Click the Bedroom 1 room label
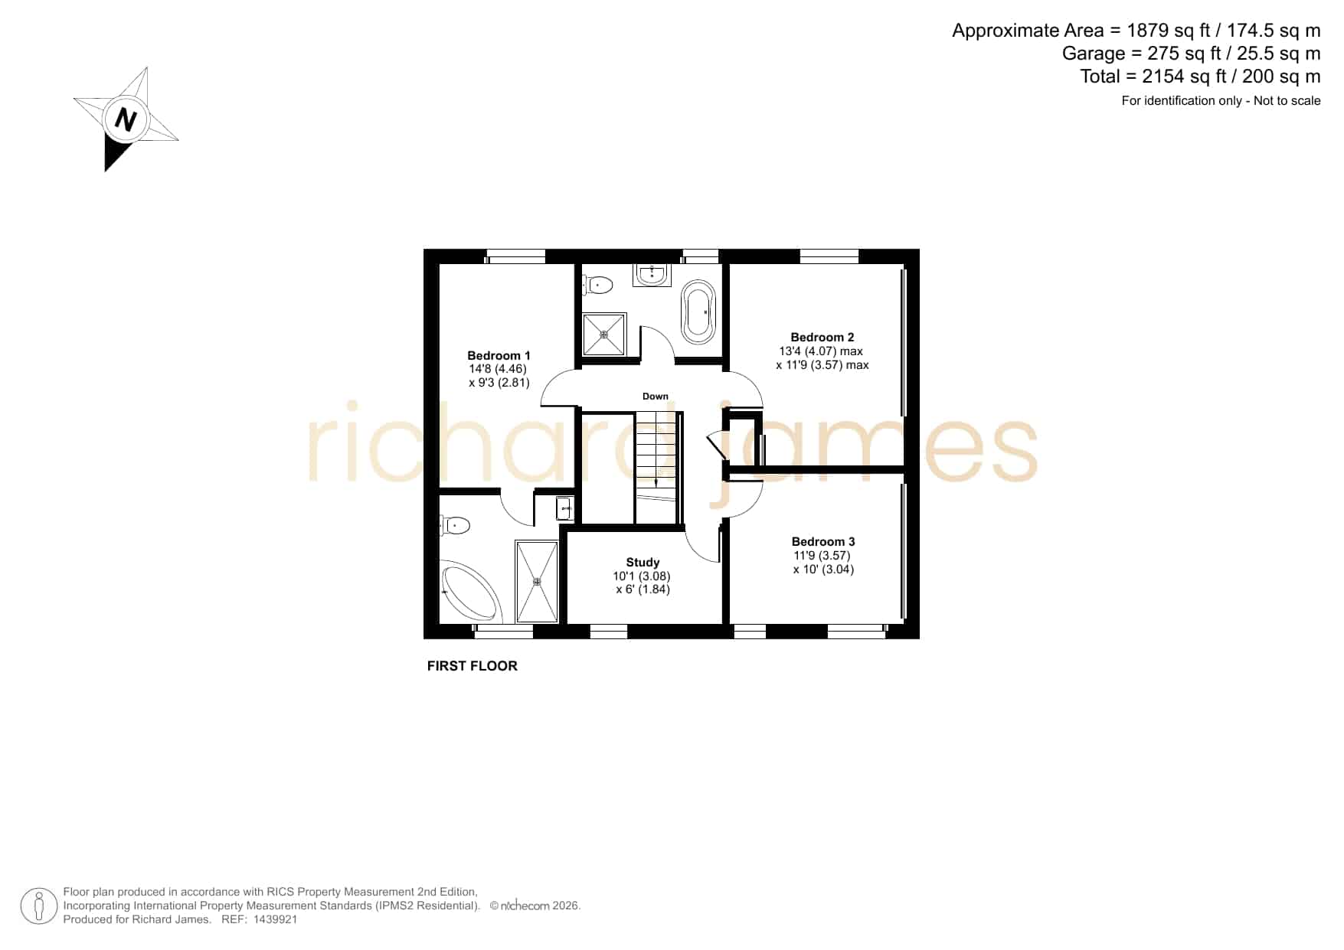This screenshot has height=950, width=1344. (x=499, y=355)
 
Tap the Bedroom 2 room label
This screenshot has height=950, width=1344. (x=822, y=337)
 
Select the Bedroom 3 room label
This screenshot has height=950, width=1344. (x=823, y=541)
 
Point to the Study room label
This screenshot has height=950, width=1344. (x=643, y=562)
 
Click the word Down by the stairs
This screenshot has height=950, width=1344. (x=656, y=397)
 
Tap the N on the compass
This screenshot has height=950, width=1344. (x=126, y=119)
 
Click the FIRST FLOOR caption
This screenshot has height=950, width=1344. (x=473, y=666)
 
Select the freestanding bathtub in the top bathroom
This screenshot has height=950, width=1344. (x=698, y=312)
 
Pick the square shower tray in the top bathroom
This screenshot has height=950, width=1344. (x=604, y=334)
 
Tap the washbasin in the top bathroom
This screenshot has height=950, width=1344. (x=652, y=274)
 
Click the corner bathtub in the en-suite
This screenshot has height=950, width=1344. (x=470, y=593)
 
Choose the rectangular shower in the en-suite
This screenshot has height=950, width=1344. (x=537, y=582)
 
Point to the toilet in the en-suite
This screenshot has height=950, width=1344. (x=455, y=525)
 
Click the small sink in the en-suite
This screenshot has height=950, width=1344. (x=565, y=508)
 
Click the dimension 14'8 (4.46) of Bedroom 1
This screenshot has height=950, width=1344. (x=499, y=369)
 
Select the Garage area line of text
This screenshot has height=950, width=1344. (x=1191, y=54)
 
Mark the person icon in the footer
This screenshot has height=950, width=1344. (x=38, y=906)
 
